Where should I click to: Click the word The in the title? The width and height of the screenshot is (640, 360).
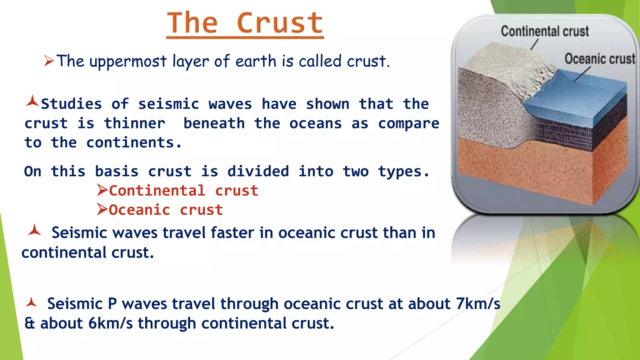[192, 23]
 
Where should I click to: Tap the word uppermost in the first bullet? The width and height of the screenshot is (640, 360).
[128, 62]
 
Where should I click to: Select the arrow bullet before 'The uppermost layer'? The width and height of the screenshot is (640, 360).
[49, 61]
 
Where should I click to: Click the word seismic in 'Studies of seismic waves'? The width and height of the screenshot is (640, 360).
[168, 104]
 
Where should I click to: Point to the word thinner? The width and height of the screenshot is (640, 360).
[134, 123]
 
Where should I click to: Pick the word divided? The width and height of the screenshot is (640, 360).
[258, 172]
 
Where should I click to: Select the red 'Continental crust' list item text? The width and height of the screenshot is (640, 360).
[183, 191]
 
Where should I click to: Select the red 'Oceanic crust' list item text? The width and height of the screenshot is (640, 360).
[166, 210]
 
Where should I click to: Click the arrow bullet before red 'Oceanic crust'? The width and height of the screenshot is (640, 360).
[102, 209]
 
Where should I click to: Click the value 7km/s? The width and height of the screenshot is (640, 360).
[478, 304]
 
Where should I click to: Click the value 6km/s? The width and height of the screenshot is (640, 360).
[110, 323]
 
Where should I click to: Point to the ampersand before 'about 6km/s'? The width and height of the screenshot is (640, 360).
[30, 323]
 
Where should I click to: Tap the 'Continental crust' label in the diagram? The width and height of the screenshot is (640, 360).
[545, 32]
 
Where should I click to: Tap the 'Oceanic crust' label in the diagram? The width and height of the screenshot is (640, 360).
[600, 59]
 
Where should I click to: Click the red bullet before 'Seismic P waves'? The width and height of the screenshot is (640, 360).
[32, 302]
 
